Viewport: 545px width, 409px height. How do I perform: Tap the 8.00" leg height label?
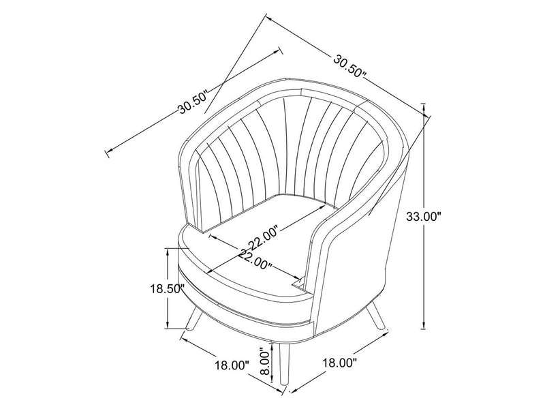(x=266, y=365)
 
